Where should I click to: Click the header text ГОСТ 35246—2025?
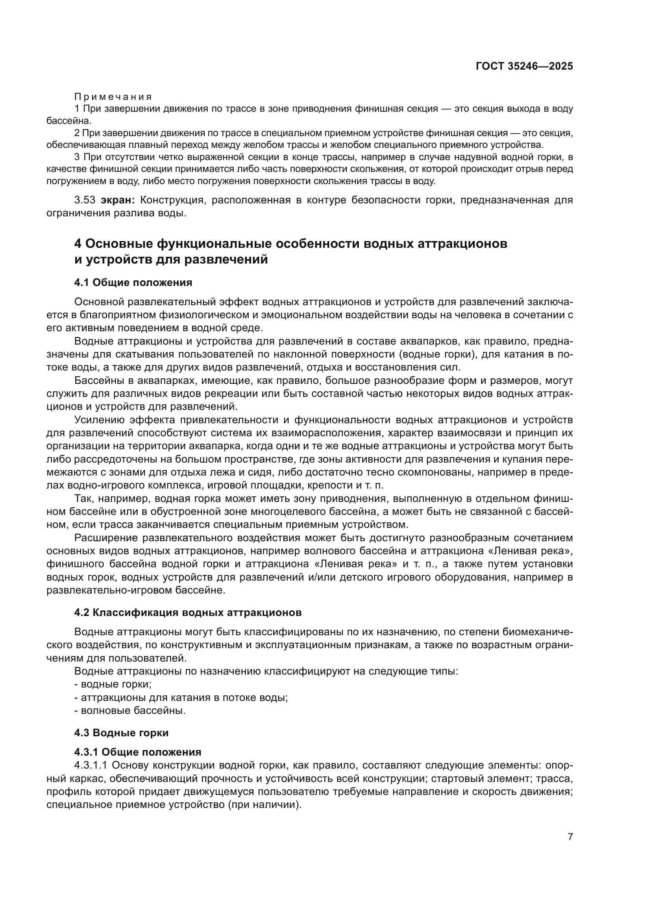point(524,66)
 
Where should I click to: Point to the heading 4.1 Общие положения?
point(133,282)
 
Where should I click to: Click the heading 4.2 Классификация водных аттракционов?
point(188,613)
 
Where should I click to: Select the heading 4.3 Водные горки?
point(121,733)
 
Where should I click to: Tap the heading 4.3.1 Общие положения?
point(137,752)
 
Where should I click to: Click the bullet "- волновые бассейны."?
point(130,710)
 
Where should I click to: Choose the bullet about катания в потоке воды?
point(181,697)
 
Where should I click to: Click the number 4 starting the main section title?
point(78,243)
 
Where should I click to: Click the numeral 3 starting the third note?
point(77,157)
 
